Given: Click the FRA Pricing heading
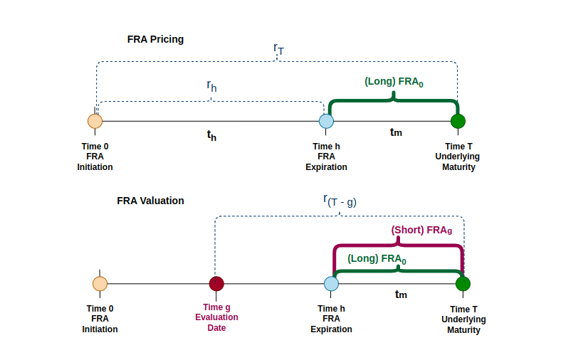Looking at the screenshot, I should coord(155,39).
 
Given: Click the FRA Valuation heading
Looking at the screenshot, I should coord(150,201).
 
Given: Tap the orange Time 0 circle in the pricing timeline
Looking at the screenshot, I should coord(95,121).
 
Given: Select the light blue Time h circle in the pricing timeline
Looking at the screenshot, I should coord(326,121).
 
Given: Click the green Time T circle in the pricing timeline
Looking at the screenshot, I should coord(458,121).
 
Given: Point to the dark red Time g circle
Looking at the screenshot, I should coord(216,284).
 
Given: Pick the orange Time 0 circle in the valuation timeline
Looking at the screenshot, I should coord(100,284).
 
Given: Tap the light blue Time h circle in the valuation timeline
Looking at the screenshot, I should coord(331,284).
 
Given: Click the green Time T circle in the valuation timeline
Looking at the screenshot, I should coord(463,284).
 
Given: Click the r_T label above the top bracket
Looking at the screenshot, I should coord(278,48).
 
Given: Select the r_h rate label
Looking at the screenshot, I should coord(211,85).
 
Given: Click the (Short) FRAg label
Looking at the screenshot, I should coord(421,231).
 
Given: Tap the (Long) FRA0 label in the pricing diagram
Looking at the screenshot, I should coord(394,82).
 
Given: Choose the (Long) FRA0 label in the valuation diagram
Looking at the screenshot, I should coord(377,259).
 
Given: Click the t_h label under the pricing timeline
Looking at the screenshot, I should coord(211,135).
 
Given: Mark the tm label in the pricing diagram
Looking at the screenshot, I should coord(396,132).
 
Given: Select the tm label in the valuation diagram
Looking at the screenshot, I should coord(401,295).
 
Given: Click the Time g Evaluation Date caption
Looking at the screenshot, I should coord(216,317).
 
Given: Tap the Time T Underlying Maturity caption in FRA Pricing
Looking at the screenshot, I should coord(458,157).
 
